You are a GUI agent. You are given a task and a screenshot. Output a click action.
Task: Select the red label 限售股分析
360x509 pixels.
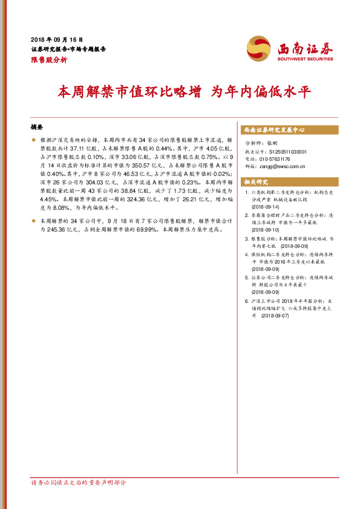pos(49,60)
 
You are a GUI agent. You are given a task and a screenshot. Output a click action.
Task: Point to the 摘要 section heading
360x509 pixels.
pos(38,128)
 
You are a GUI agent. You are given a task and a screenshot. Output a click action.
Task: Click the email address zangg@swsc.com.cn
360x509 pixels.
pos(281,166)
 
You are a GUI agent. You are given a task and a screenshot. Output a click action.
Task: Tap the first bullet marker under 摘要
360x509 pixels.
pos(34,139)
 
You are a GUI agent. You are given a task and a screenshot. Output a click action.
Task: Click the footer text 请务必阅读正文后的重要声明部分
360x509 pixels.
pos(79,482)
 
